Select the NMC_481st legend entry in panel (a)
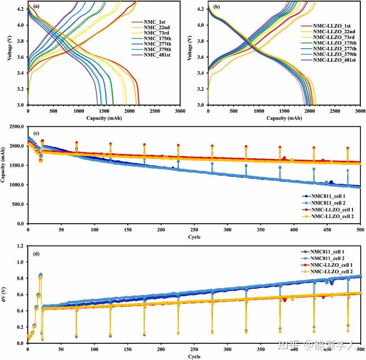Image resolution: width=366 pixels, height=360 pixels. point(157,55)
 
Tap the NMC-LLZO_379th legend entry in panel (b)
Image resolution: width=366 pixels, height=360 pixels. point(334,54)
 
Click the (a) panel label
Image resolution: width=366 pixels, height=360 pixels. point(36,6)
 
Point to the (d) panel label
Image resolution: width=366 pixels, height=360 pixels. point(36,254)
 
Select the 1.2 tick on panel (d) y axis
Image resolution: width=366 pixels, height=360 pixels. point(20,246)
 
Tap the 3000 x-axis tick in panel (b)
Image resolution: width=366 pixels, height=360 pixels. point(360,111)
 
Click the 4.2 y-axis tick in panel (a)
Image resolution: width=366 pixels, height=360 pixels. point(20,9)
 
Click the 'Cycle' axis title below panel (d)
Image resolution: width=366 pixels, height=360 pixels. point(194,356)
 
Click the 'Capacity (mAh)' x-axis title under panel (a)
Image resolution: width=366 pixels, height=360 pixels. point(104,118)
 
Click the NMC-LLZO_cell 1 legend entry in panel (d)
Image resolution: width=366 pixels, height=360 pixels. point(332,265)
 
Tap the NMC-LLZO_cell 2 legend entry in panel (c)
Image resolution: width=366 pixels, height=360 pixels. point(332,216)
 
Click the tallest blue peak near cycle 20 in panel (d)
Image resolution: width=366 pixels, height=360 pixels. point(40,274)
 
